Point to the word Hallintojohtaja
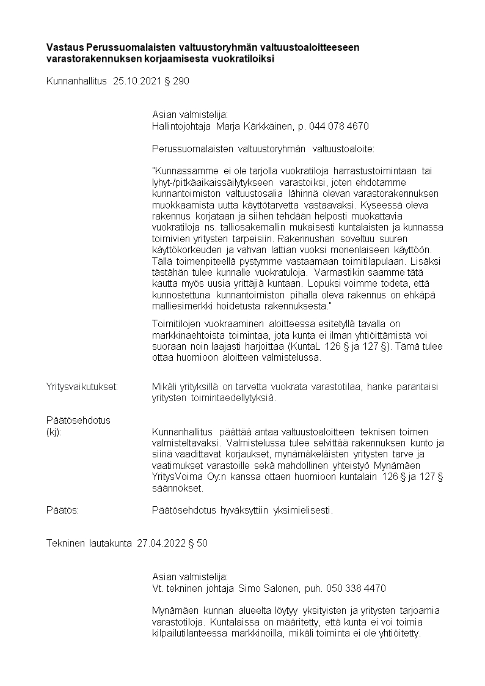180,126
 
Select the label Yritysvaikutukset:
82,386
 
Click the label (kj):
54,432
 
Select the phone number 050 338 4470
356,588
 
